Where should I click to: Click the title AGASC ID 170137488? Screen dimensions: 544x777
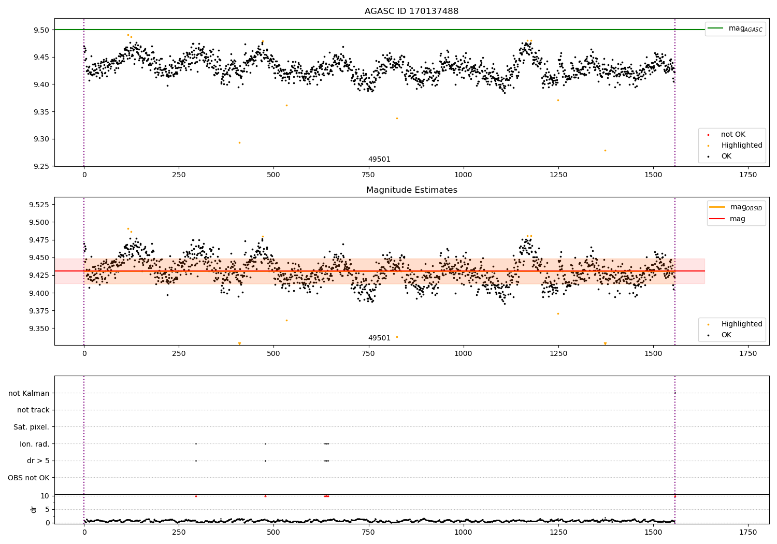point(411,11)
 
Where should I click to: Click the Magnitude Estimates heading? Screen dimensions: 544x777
point(411,190)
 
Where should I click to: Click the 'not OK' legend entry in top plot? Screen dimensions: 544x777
point(733,135)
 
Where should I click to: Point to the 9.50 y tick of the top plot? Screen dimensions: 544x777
point(41,30)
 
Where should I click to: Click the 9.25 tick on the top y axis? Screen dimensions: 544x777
point(41,166)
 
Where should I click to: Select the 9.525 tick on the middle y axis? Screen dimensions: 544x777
point(39,205)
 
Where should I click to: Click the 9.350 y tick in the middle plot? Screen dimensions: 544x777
point(39,328)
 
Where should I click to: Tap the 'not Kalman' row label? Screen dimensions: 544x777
point(29,393)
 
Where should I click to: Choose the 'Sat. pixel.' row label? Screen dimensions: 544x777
point(31,427)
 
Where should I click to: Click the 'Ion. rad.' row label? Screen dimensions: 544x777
point(34,444)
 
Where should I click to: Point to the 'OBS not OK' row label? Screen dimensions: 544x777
point(28,478)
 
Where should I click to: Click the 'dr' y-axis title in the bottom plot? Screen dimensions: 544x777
point(34,509)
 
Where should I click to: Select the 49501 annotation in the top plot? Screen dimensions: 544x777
point(379,160)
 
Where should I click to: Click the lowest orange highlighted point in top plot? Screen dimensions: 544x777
point(605,150)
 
